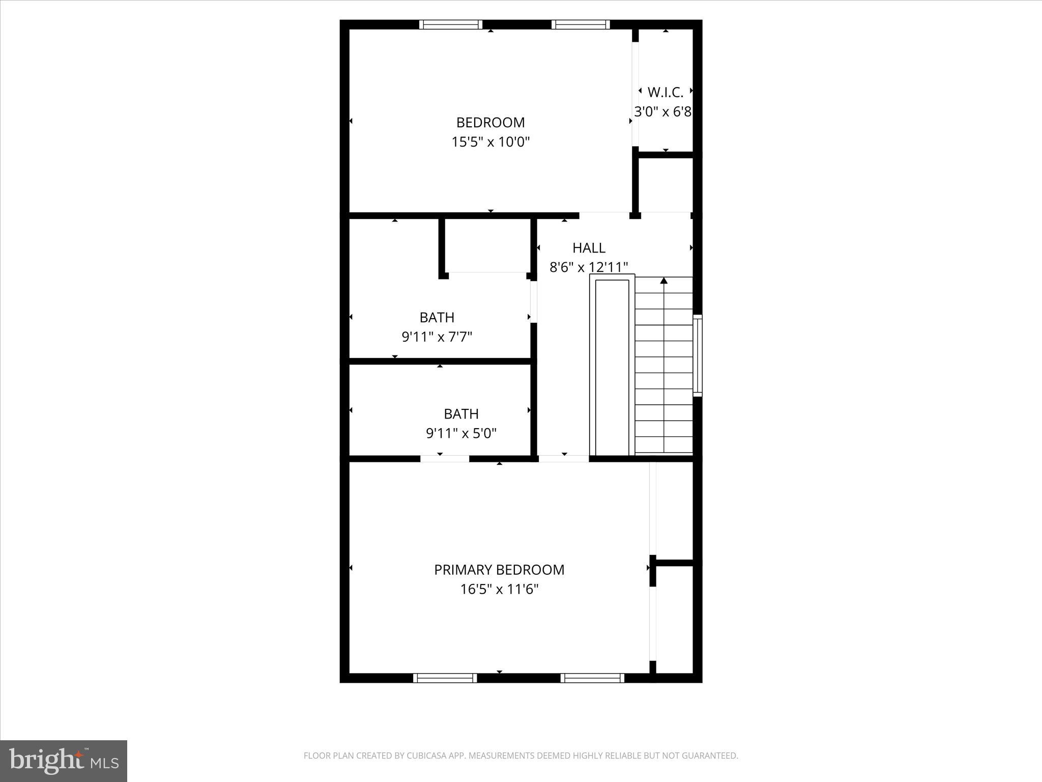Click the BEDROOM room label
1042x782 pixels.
point(490,123)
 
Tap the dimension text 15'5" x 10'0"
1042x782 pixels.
point(490,142)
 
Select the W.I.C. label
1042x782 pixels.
point(665,93)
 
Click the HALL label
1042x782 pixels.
point(589,248)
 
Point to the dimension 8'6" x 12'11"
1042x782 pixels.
point(589,267)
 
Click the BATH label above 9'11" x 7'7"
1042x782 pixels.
point(437,318)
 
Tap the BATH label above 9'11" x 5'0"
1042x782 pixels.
point(461,414)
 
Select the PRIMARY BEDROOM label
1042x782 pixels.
point(499,570)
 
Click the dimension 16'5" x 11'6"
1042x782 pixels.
point(499,590)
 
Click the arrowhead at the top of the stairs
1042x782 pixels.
point(663,281)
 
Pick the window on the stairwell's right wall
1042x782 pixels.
point(698,355)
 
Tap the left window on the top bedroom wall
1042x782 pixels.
point(450,24)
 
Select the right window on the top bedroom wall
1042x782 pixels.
point(580,24)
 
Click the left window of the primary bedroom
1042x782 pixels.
point(445,678)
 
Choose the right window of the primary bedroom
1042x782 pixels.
point(592,678)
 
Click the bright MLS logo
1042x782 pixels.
point(64,761)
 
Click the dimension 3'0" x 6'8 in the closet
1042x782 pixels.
point(662,112)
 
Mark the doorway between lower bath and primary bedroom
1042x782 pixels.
point(444,459)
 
